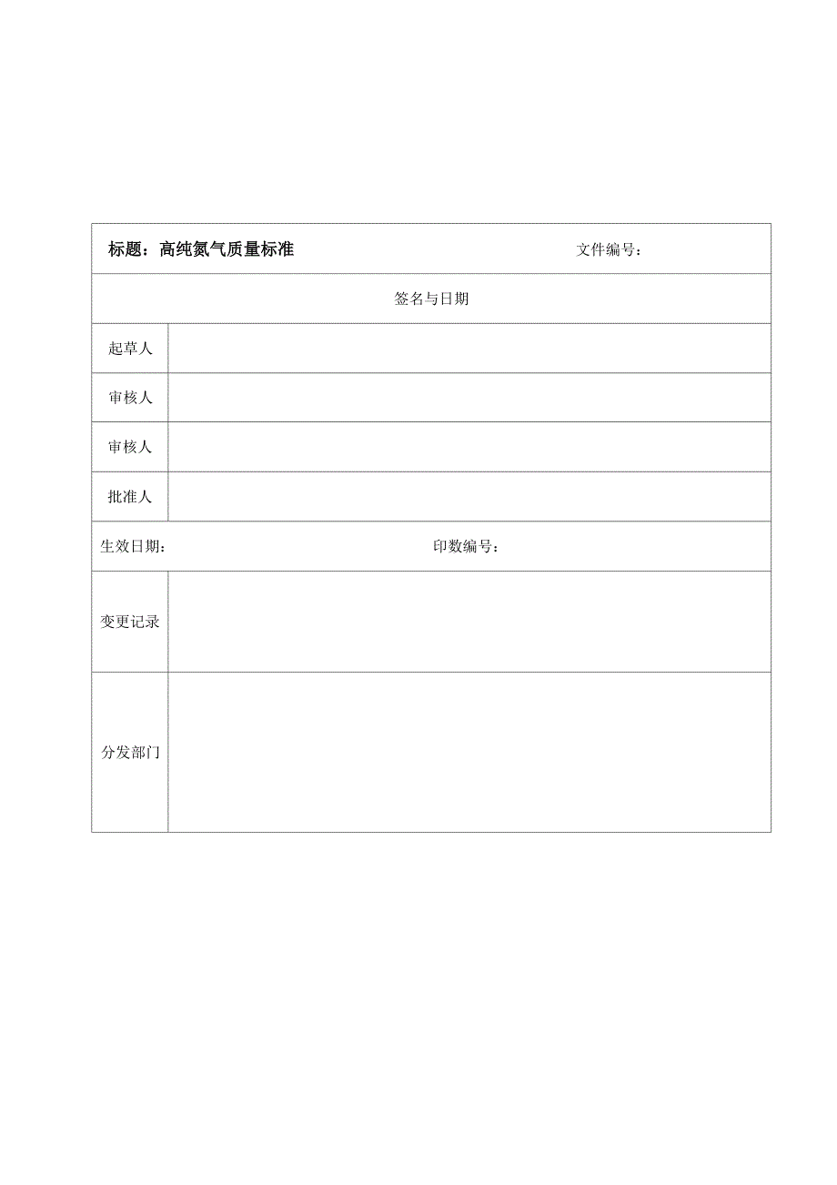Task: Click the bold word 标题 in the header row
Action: (x=125, y=249)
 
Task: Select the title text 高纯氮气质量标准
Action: (x=227, y=249)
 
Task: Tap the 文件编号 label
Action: (x=608, y=250)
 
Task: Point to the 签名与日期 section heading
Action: (x=431, y=299)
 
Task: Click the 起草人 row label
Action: (x=130, y=349)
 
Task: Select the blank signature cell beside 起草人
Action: (x=469, y=349)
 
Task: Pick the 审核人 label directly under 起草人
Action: (x=130, y=398)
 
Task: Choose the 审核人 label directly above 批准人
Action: (x=130, y=447)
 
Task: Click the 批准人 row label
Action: (x=130, y=497)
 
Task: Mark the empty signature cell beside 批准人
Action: (x=469, y=497)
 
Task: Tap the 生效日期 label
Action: (x=133, y=547)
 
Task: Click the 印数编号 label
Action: (x=466, y=547)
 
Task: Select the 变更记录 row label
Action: (x=130, y=623)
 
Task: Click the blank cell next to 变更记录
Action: (x=469, y=623)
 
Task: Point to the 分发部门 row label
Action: (x=130, y=753)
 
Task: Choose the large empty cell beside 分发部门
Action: (x=469, y=753)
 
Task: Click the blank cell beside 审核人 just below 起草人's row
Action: (x=469, y=398)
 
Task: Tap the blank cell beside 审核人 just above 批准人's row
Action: (x=469, y=447)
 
